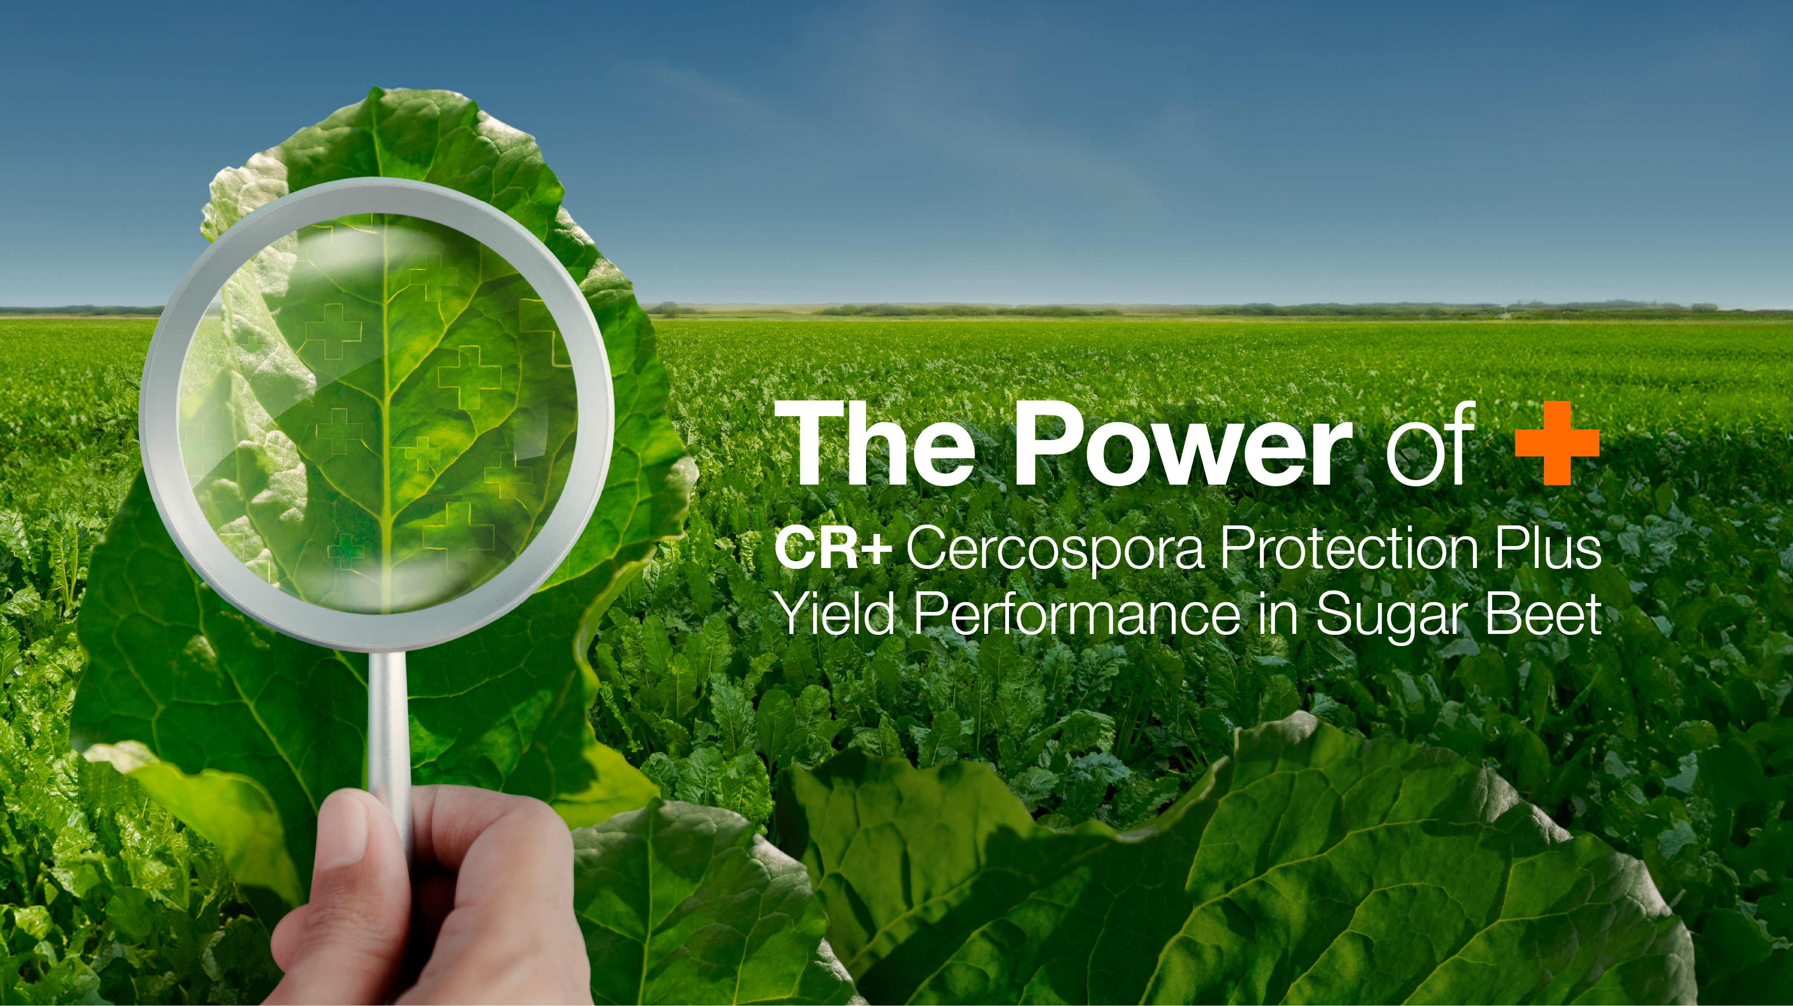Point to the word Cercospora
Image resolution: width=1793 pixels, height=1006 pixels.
click(x=1054, y=551)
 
